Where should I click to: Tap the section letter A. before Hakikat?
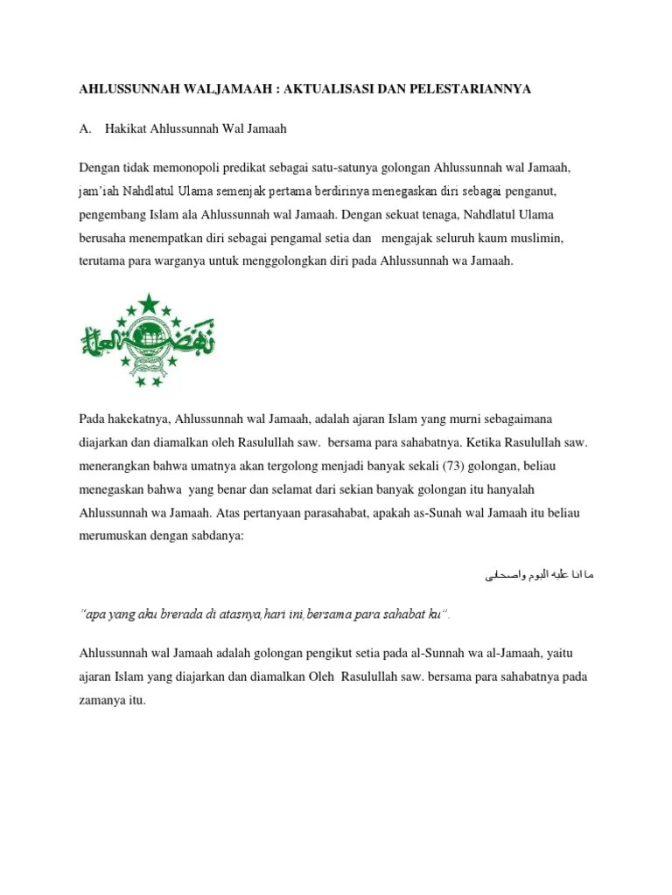click(85, 128)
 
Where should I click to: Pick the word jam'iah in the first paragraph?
click(99, 191)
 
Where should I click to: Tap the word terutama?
click(103, 262)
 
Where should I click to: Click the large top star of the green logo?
click(148, 303)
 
